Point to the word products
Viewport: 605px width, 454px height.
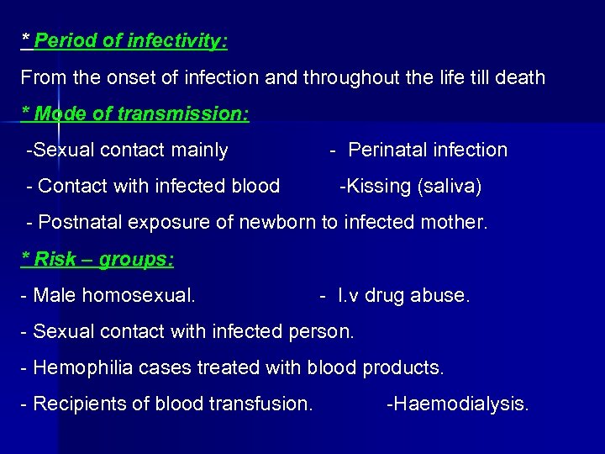(403, 367)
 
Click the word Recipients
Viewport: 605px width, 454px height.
(76, 404)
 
